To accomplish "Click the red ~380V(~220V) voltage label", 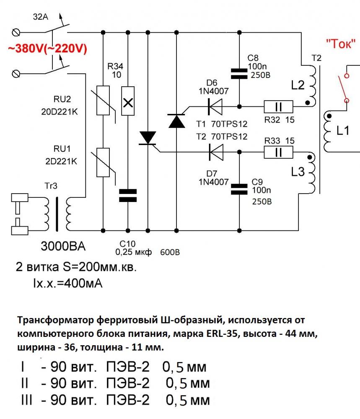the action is click(48, 49).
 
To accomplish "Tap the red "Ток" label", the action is click(340, 44).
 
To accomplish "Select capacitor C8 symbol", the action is click(239, 74).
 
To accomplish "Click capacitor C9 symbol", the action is click(239, 189).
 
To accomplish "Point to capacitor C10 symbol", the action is click(128, 195).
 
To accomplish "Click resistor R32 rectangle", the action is click(278, 107).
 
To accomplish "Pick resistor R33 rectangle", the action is click(278, 153).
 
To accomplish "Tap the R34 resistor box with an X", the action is click(128, 101).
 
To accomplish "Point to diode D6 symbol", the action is click(215, 106).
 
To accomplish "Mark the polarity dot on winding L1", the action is click(329, 116).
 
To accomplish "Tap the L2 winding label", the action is click(298, 85).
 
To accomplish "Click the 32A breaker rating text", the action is click(40, 17).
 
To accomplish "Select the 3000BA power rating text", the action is click(63, 246).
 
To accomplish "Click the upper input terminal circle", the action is click(16, 33).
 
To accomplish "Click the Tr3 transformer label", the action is click(51, 186).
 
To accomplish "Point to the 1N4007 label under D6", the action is click(214, 91).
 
